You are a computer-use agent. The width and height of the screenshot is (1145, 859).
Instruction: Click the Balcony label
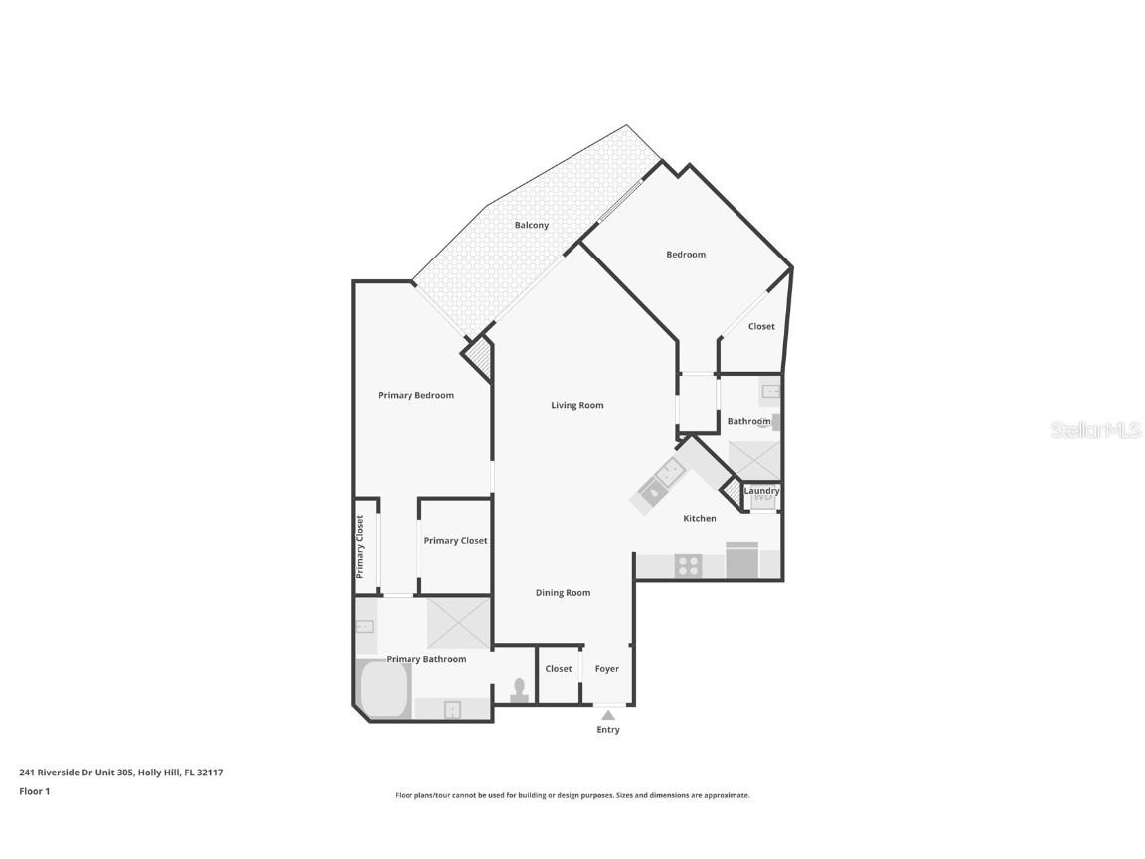pyautogui.click(x=532, y=226)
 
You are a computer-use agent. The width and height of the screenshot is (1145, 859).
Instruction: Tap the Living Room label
pyautogui.click(x=577, y=406)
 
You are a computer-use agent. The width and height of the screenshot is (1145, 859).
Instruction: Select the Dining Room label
pyautogui.click(x=564, y=593)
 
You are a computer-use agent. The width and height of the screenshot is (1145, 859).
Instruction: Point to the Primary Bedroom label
pyautogui.click(x=415, y=396)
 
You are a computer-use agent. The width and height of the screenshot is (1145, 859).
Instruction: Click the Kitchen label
pyautogui.click(x=700, y=519)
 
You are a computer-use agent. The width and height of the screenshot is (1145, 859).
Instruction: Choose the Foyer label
pyautogui.click(x=607, y=669)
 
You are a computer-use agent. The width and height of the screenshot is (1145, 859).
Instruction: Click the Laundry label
pyautogui.click(x=761, y=491)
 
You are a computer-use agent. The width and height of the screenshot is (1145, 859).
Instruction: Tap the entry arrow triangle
pyautogui.click(x=608, y=714)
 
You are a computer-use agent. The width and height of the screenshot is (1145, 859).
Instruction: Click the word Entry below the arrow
pyautogui.click(x=608, y=730)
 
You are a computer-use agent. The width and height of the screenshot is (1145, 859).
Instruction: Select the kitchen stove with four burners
pyautogui.click(x=689, y=565)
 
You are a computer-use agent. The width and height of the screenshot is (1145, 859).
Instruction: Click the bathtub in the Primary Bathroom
pyautogui.click(x=384, y=689)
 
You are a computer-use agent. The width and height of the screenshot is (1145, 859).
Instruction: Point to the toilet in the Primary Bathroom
pyautogui.click(x=519, y=691)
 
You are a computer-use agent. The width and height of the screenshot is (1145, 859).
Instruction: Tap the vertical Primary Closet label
pyautogui.click(x=360, y=547)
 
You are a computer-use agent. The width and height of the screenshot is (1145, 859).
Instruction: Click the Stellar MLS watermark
pyautogui.click(x=1096, y=430)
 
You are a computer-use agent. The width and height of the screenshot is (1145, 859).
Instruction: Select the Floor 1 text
pyautogui.click(x=34, y=792)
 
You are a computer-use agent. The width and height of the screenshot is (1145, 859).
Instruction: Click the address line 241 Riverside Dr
pyautogui.click(x=120, y=773)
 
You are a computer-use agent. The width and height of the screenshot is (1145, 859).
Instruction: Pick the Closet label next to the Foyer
pyautogui.click(x=559, y=669)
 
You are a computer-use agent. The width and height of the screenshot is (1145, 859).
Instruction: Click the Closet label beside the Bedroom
pyautogui.click(x=761, y=327)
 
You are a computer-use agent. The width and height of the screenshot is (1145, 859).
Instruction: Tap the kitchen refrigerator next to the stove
pyautogui.click(x=742, y=561)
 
